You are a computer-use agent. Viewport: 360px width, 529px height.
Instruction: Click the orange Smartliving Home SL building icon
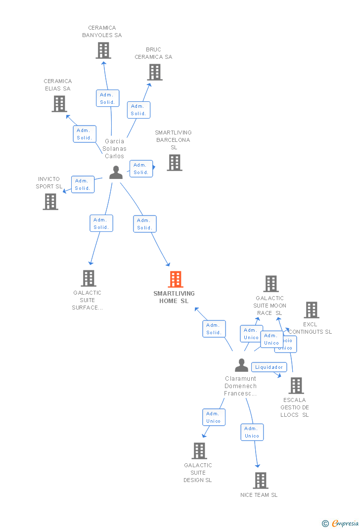[176, 279]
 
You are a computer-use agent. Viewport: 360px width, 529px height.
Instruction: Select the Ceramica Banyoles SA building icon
[103, 50]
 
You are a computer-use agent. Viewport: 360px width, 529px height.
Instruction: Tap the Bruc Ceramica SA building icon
[155, 72]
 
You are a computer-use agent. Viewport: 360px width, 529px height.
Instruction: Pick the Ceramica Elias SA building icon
[59, 104]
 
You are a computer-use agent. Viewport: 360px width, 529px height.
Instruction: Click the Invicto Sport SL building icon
[50, 202]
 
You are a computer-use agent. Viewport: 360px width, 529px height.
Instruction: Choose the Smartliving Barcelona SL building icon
[174, 163]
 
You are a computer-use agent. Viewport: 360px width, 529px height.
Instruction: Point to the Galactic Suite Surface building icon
[89, 278]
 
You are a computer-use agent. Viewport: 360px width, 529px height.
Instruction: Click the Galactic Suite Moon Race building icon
[271, 284]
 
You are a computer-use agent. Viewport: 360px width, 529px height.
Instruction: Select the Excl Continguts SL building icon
[312, 310]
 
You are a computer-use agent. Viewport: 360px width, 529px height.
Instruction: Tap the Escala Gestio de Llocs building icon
[296, 386]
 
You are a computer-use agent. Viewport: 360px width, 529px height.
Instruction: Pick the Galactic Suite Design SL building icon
[199, 451]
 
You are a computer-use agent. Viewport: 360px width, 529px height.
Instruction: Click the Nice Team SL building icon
[261, 481]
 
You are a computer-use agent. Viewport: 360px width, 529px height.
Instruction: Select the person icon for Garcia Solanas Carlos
[116, 173]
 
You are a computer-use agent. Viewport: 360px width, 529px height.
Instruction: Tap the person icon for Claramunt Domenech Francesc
[241, 365]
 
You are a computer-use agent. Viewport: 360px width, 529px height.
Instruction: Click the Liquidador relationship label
[270, 367]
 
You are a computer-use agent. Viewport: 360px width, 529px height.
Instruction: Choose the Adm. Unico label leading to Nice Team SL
[252, 432]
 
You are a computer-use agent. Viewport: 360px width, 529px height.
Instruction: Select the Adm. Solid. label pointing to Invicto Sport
[83, 184]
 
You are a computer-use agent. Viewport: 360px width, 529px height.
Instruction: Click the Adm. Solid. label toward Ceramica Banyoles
[107, 98]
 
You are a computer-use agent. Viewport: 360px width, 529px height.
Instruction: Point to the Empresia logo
[341, 523]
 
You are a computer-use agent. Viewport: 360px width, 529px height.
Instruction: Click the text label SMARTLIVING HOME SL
[174, 297]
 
